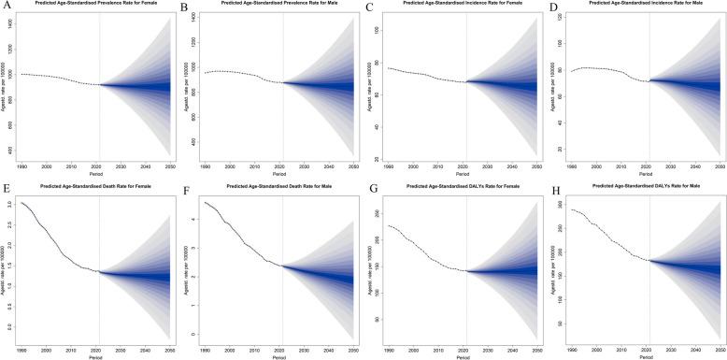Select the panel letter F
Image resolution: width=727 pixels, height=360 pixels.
click(x=187, y=188)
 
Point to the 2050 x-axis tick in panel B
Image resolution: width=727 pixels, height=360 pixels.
click(x=350, y=166)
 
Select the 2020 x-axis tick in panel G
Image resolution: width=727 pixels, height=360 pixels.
click(x=464, y=347)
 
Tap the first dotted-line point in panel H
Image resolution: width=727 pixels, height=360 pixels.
click(x=571, y=209)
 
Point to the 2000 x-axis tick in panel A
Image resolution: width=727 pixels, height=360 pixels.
click(x=47, y=166)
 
